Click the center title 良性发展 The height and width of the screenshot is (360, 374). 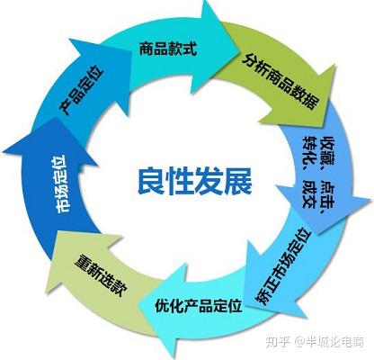point(195,182)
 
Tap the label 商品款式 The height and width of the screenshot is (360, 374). point(168,49)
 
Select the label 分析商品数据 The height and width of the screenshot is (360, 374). point(280,81)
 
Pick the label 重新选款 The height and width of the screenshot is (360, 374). point(102,275)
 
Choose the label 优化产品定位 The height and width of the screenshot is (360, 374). point(199,305)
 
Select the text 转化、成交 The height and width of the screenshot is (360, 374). point(309,172)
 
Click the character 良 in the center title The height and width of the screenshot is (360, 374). point(151,182)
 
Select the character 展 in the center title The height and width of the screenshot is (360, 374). point(239,182)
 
